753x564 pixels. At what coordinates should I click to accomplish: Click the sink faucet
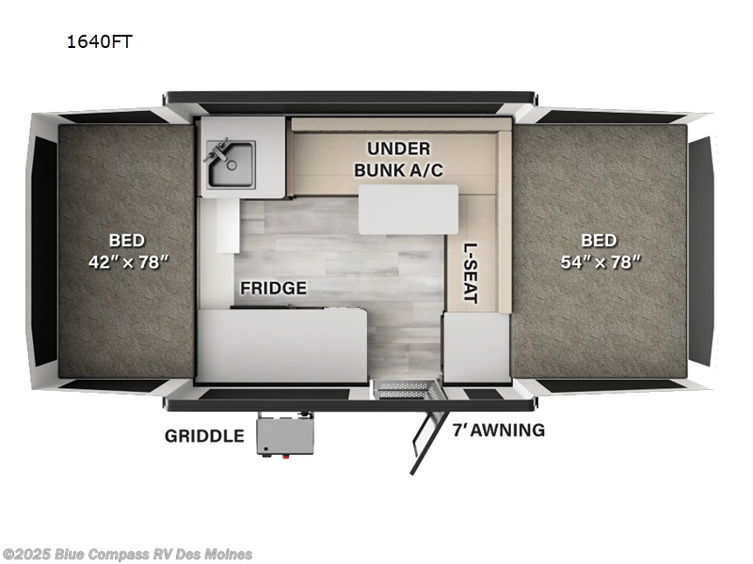(220, 149)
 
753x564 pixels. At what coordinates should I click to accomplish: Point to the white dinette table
(409, 209)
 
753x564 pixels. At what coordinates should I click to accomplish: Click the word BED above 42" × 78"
(126, 241)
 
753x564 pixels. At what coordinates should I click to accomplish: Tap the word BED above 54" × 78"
(599, 240)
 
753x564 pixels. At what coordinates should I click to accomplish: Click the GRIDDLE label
(204, 435)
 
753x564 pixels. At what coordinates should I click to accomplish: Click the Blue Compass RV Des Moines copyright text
(127, 554)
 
